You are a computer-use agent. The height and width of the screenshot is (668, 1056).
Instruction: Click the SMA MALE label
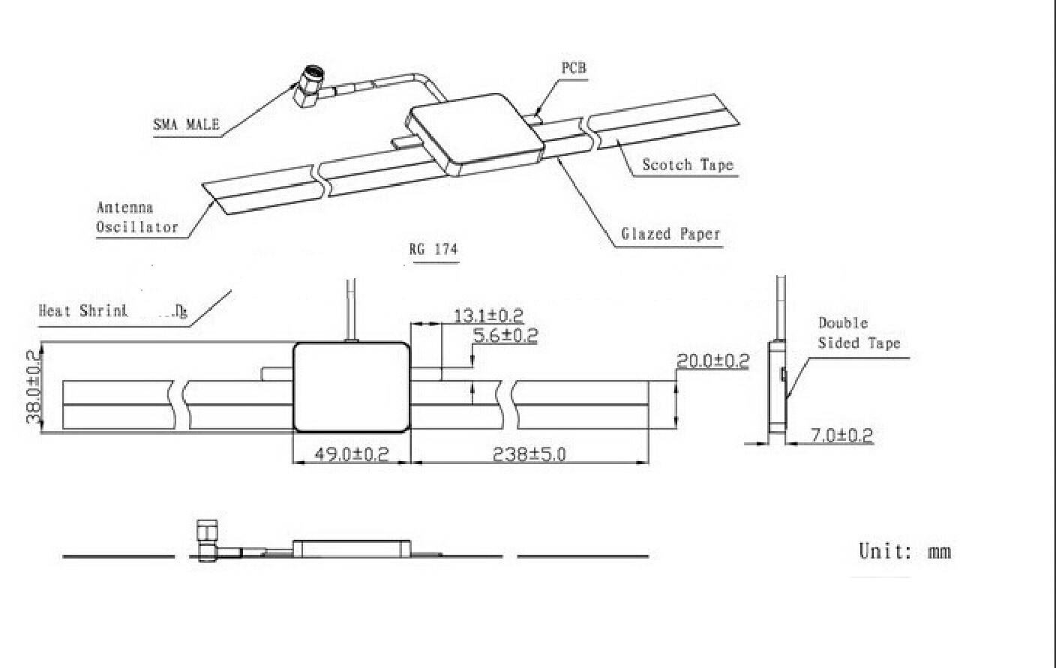[186, 124]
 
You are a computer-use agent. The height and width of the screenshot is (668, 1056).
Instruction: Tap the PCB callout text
[574, 68]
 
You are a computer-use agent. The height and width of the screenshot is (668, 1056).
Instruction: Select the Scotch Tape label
[688, 165]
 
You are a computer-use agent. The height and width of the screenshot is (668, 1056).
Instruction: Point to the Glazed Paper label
[670, 234]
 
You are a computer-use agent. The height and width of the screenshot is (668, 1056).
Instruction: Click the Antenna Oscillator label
[137, 217]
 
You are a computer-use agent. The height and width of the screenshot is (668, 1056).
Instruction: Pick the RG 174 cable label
[433, 249]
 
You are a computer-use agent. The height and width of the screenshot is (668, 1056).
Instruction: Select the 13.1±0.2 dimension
[488, 316]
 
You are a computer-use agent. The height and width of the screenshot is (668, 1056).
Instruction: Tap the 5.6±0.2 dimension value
[505, 335]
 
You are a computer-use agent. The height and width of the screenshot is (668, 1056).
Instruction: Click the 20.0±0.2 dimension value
[712, 361]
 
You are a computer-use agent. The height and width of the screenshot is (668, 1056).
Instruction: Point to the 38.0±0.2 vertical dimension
[34, 387]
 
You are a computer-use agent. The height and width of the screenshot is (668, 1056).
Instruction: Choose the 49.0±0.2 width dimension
[351, 454]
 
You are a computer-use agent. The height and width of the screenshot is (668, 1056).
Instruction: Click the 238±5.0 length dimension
[529, 454]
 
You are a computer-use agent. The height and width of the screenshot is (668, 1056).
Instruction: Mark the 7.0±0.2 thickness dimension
[841, 435]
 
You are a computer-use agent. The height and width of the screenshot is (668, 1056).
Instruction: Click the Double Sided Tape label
[858, 333]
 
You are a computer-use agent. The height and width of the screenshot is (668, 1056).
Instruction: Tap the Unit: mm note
[904, 552]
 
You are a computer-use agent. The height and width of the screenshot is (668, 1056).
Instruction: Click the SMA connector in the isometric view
[310, 87]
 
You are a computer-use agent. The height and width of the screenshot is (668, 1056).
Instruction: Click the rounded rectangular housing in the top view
[351, 388]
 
